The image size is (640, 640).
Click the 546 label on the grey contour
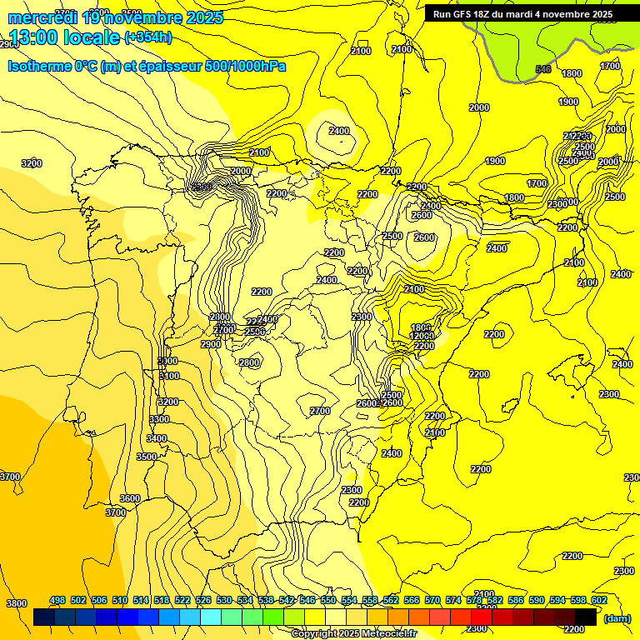click(x=542, y=69)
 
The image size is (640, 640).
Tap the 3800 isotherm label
click(x=16, y=603)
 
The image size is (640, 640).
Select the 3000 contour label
click(x=167, y=361)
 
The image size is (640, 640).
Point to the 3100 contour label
click(x=169, y=376)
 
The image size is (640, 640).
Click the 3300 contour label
click(x=159, y=419)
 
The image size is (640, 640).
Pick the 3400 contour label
click(x=157, y=438)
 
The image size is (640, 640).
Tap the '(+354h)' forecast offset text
click(x=148, y=37)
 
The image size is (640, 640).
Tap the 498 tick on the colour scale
click(x=57, y=601)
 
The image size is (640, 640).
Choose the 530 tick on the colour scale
click(x=224, y=601)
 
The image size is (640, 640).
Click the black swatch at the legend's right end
click(x=586, y=617)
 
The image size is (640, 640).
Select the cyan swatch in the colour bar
click(x=211, y=617)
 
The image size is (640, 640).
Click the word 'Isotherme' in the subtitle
click(x=39, y=66)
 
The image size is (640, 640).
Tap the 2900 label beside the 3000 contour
click(x=211, y=344)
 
